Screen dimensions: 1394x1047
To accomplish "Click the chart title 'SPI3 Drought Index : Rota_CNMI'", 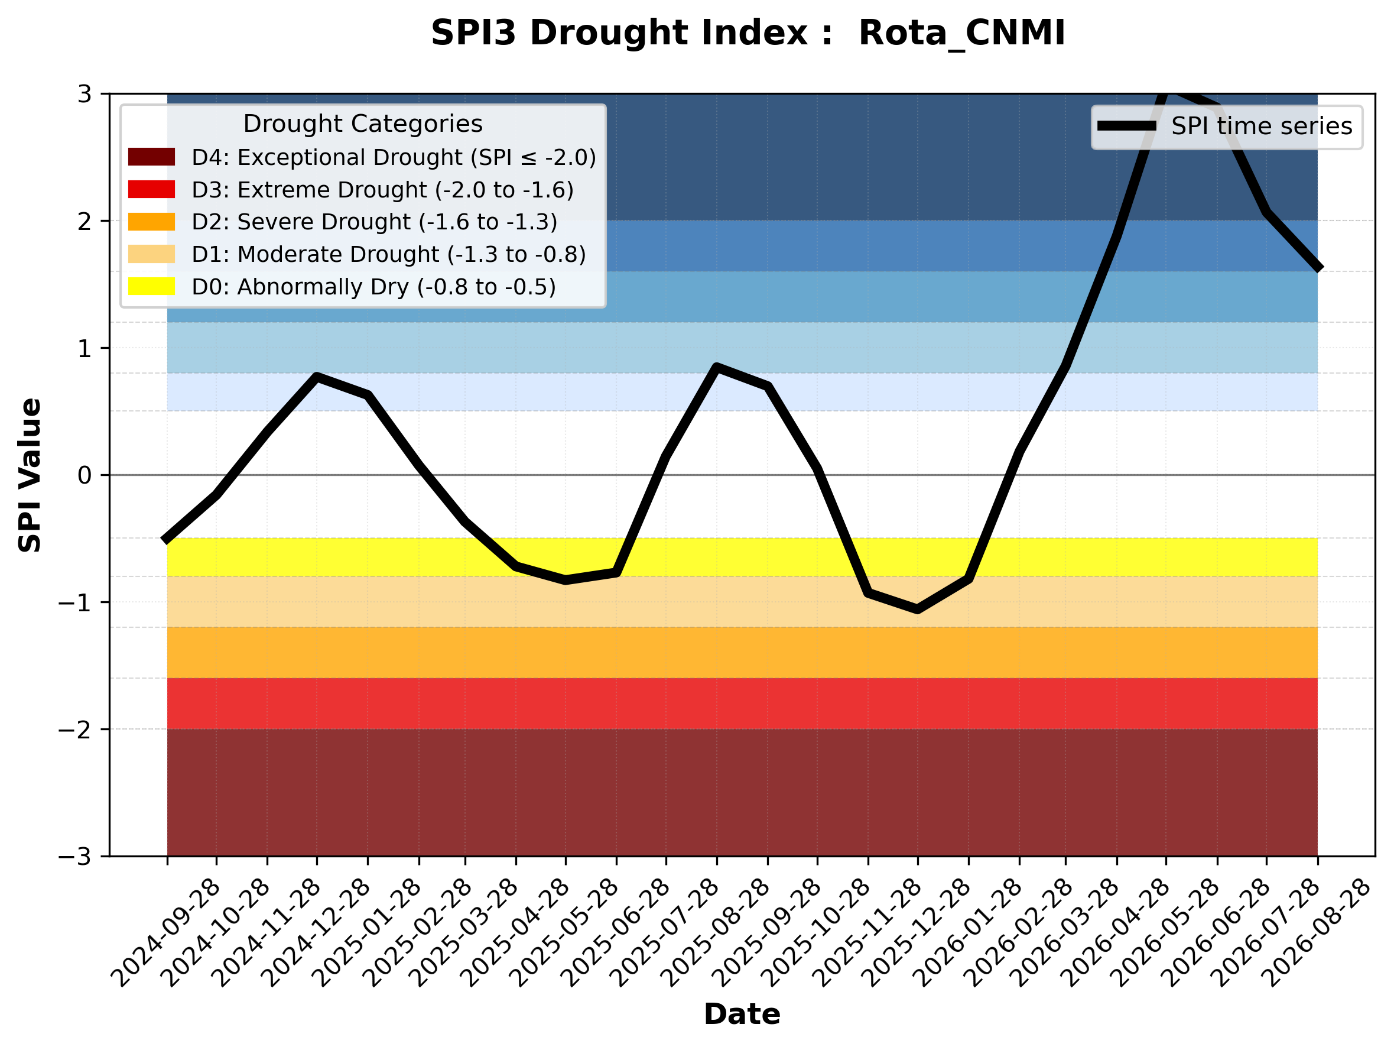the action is tap(748, 33).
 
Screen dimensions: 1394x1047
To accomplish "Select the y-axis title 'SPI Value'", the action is tap(30, 475).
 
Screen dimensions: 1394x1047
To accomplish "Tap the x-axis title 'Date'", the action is tap(742, 1014).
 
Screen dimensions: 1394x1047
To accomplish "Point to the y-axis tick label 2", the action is tap(85, 221).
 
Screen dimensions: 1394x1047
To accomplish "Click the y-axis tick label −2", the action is tap(75, 730).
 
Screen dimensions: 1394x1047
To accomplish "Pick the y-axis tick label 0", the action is tap(85, 475).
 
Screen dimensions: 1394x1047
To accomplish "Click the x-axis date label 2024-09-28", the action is tap(165, 933).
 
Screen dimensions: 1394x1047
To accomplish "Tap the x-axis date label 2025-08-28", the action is tap(714, 933).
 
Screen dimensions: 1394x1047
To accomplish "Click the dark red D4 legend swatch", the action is tap(151, 157).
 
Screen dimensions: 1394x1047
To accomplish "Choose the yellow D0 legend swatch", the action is tap(151, 286).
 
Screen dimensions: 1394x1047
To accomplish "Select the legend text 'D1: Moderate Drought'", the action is tap(315, 254).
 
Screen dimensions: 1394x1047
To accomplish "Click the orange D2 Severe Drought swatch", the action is tap(151, 222).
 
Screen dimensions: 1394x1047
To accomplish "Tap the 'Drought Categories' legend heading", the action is tap(363, 124).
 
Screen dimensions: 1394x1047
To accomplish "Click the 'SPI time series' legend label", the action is tap(1262, 126).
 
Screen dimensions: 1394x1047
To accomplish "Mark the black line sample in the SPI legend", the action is tap(1127, 126).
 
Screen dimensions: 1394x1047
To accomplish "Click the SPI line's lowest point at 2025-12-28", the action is tap(918, 610).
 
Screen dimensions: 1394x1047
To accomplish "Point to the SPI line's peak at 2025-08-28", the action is tap(717, 367).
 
